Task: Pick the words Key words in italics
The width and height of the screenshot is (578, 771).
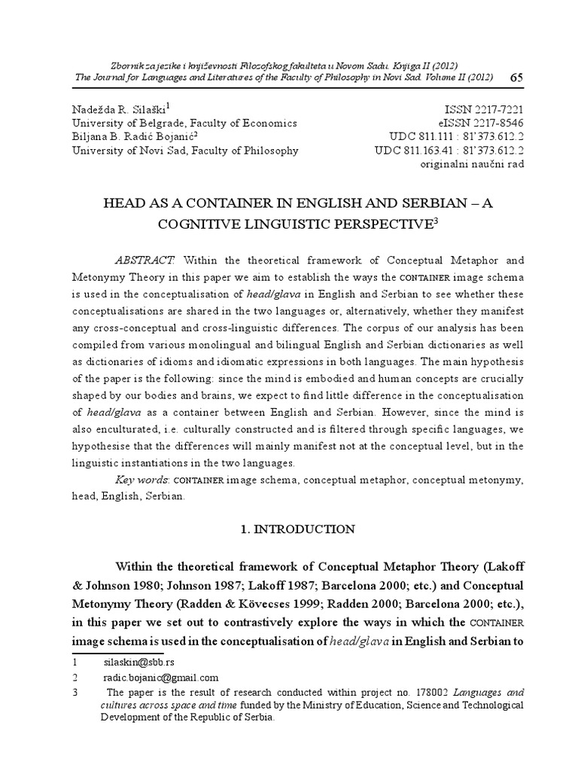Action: tap(138, 480)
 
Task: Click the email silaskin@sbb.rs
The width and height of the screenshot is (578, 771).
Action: tap(138, 663)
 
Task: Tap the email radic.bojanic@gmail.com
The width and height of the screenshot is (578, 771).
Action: tap(160, 678)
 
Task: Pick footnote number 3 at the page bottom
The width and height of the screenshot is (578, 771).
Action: tap(75, 692)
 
